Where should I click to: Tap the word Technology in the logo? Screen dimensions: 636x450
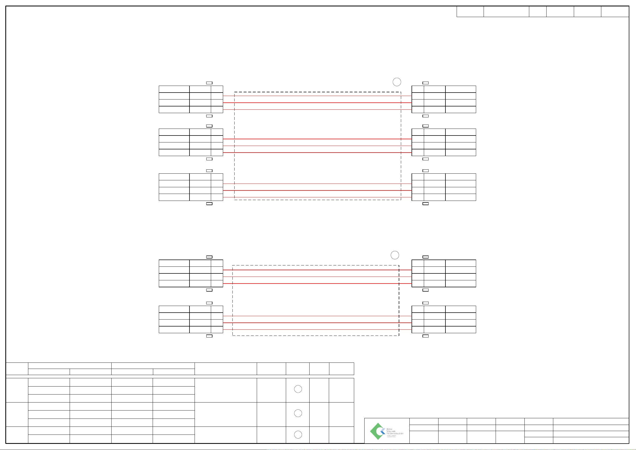click(x=395, y=433)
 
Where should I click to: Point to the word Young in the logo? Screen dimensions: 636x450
click(x=391, y=431)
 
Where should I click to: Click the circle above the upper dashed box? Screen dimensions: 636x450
click(x=397, y=82)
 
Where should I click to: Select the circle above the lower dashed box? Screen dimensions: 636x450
click(x=394, y=255)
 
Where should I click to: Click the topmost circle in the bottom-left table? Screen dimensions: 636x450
click(x=298, y=389)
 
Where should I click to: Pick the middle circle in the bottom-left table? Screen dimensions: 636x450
click(x=298, y=413)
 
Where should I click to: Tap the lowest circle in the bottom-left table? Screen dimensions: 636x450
click(x=298, y=435)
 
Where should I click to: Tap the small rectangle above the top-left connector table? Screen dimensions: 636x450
click(x=209, y=83)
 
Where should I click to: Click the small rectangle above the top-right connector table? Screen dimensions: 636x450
click(x=425, y=83)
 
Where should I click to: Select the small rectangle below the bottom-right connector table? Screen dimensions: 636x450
click(x=425, y=336)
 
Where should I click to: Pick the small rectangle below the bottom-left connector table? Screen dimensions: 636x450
click(x=209, y=336)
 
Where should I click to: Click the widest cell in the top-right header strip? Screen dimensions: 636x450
click(x=506, y=12)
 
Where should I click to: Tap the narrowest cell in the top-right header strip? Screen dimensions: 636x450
click(x=537, y=12)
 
